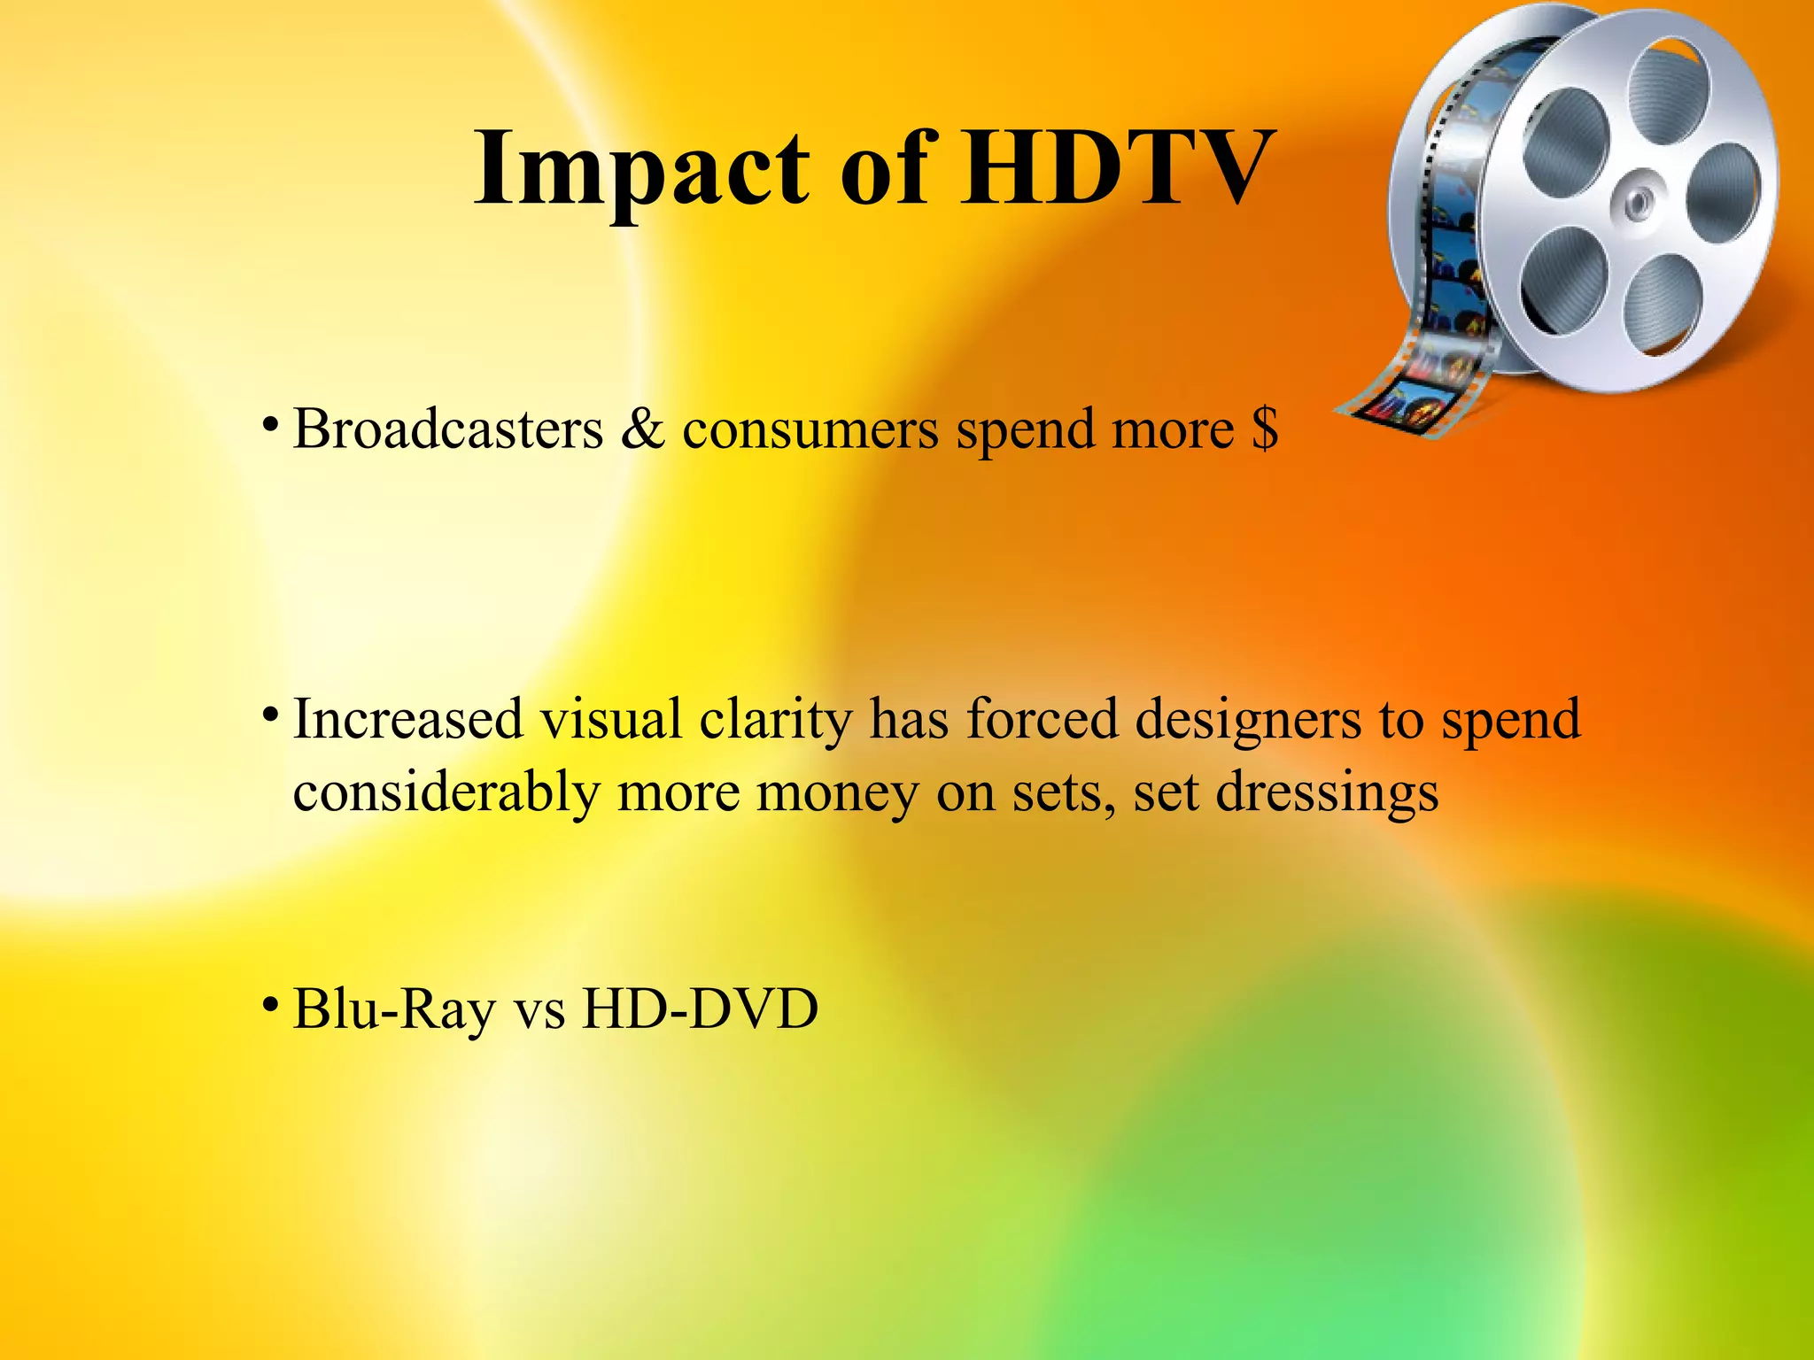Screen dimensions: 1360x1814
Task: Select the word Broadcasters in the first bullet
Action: tap(447, 430)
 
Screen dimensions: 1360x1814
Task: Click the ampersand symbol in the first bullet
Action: tap(642, 430)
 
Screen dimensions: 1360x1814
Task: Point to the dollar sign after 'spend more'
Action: tap(1265, 430)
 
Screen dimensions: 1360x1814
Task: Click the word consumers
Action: tap(810, 430)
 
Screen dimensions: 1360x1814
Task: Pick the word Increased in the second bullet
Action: tap(407, 719)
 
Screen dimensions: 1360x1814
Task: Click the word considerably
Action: tap(446, 793)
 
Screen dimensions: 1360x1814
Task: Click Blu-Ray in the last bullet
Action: tap(394, 1009)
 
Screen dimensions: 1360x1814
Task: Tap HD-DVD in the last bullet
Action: tap(700, 1009)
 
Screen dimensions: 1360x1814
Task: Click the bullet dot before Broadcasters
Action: tap(271, 425)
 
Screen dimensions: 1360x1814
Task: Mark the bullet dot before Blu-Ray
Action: tap(271, 1004)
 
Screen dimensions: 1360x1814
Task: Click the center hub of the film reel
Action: tap(1638, 203)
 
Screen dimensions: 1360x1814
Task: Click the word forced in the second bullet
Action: tap(1042, 719)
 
